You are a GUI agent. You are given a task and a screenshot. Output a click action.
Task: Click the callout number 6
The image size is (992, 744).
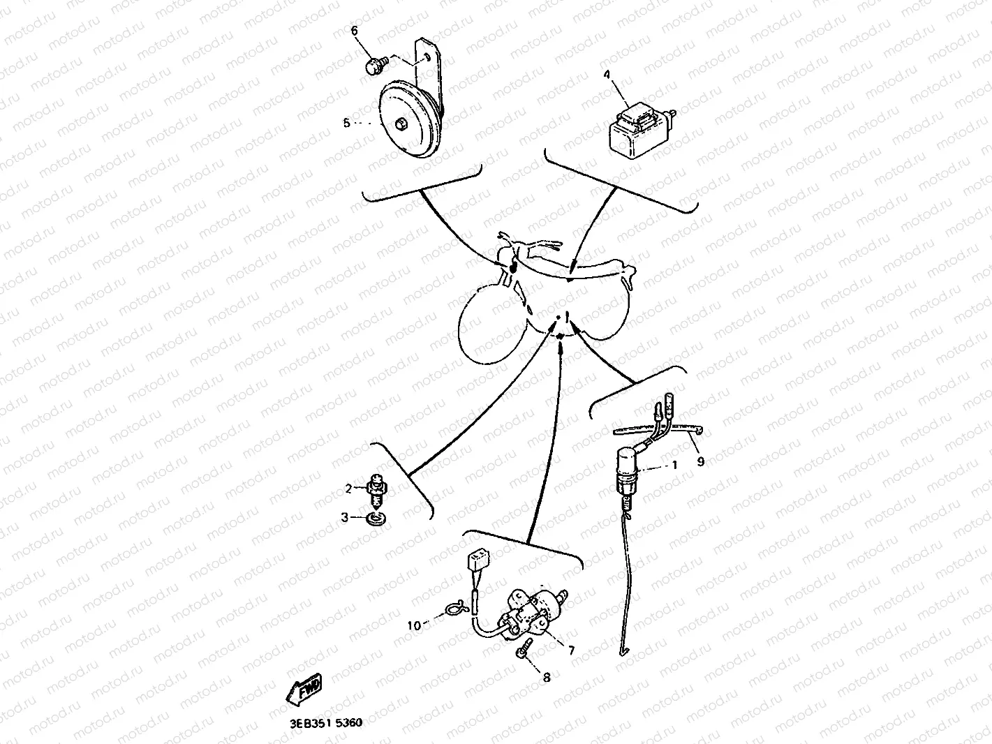355,31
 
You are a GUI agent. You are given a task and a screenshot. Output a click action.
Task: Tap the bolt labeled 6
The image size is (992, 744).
375,66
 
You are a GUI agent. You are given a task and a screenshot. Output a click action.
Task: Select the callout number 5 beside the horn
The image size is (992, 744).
347,123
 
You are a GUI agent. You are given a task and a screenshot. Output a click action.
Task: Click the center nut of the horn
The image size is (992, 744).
401,124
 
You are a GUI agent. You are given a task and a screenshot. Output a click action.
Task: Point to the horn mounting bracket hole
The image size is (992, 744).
427,57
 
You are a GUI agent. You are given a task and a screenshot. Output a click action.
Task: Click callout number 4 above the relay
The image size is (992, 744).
607,74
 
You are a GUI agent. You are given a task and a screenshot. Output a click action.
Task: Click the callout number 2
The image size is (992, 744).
348,489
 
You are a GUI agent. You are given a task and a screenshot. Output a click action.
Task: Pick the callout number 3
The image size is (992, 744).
344,517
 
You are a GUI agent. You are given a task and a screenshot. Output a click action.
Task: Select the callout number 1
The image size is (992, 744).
675,465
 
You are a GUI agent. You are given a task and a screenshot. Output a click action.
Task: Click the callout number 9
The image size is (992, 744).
700,461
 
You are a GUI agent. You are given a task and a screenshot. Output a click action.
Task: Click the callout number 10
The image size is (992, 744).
414,625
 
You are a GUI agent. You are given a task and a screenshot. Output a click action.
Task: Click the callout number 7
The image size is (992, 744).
571,650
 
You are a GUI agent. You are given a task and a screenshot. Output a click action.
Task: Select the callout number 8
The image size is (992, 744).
547,678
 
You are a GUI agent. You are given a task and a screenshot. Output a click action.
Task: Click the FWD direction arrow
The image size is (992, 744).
304,690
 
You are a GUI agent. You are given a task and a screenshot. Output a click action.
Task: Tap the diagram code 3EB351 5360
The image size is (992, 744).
326,723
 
